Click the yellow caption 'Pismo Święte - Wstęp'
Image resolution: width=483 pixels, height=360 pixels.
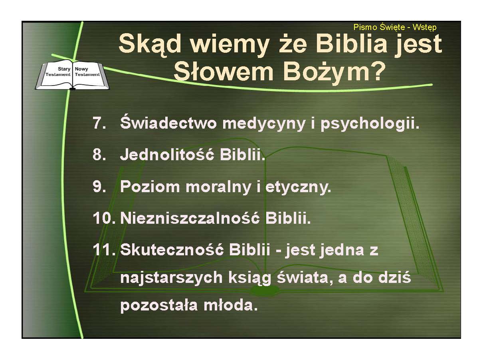click(x=395, y=28)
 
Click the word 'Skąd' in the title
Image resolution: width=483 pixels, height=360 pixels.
click(x=150, y=45)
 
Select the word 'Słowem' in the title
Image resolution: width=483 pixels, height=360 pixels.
click(x=224, y=72)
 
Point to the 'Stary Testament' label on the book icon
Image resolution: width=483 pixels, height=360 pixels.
click(x=58, y=72)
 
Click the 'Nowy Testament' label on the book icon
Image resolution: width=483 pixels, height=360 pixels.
click(x=87, y=72)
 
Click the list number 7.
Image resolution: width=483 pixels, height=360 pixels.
click(x=99, y=123)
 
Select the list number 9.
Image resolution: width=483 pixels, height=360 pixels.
click(x=99, y=187)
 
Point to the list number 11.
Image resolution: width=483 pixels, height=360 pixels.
click(x=104, y=250)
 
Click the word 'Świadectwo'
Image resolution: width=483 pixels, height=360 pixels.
click(x=168, y=122)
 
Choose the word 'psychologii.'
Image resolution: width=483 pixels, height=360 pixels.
click(x=370, y=124)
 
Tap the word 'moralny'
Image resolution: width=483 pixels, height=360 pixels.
click(x=218, y=187)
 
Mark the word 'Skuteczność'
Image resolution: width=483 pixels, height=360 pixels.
click(x=172, y=249)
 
